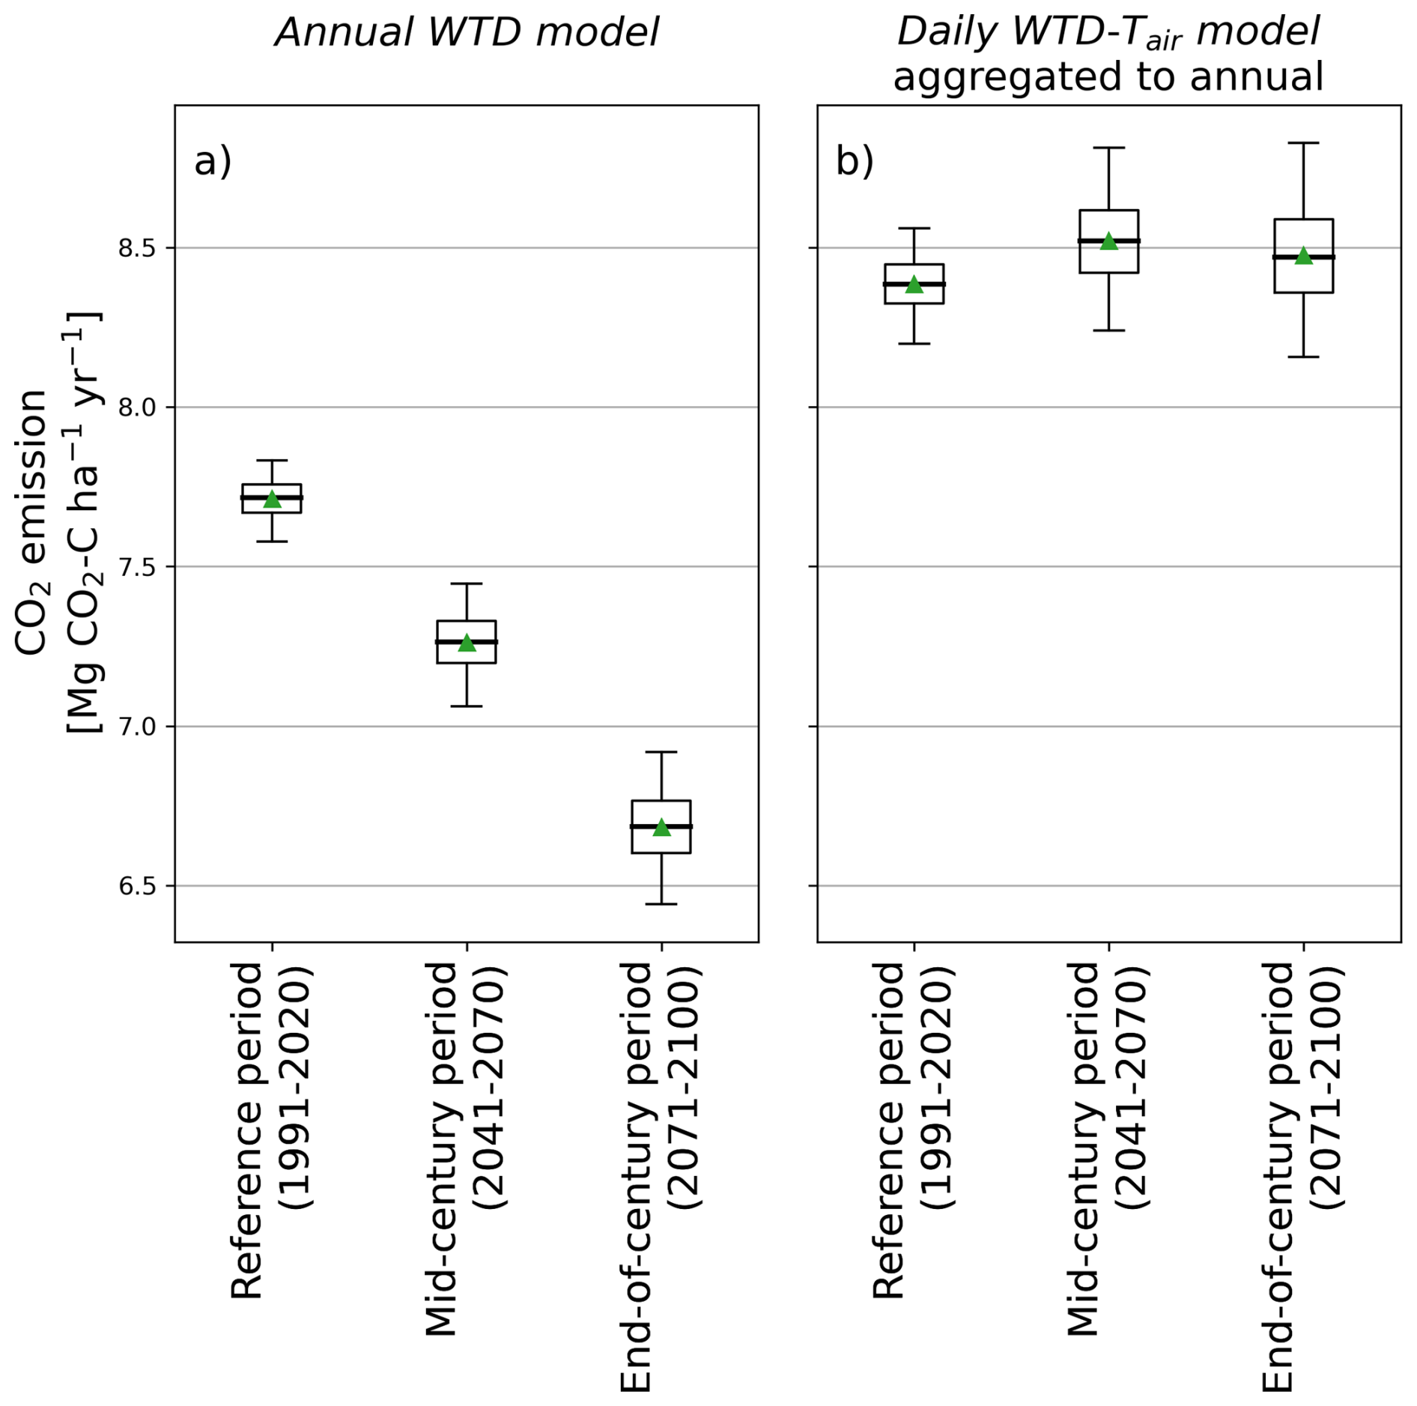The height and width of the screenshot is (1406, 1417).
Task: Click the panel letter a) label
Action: [213, 161]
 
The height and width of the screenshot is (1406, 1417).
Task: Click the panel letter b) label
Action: [855, 161]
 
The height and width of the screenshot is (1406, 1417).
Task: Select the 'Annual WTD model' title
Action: [467, 33]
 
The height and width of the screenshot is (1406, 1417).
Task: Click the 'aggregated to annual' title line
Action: [1108, 76]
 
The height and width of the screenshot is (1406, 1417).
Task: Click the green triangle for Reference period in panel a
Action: [272, 500]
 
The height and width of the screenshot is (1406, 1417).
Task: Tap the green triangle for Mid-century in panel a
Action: [467, 643]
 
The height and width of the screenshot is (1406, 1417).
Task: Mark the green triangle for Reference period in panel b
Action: [914, 285]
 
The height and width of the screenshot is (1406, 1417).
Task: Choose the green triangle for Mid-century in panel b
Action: [1108, 242]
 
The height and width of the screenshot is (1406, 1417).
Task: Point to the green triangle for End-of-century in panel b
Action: [1303, 256]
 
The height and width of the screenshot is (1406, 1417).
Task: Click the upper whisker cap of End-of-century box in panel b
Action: [1303, 142]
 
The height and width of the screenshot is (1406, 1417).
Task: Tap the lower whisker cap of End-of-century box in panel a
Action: [661, 904]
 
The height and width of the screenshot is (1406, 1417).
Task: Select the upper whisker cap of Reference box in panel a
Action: [272, 460]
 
